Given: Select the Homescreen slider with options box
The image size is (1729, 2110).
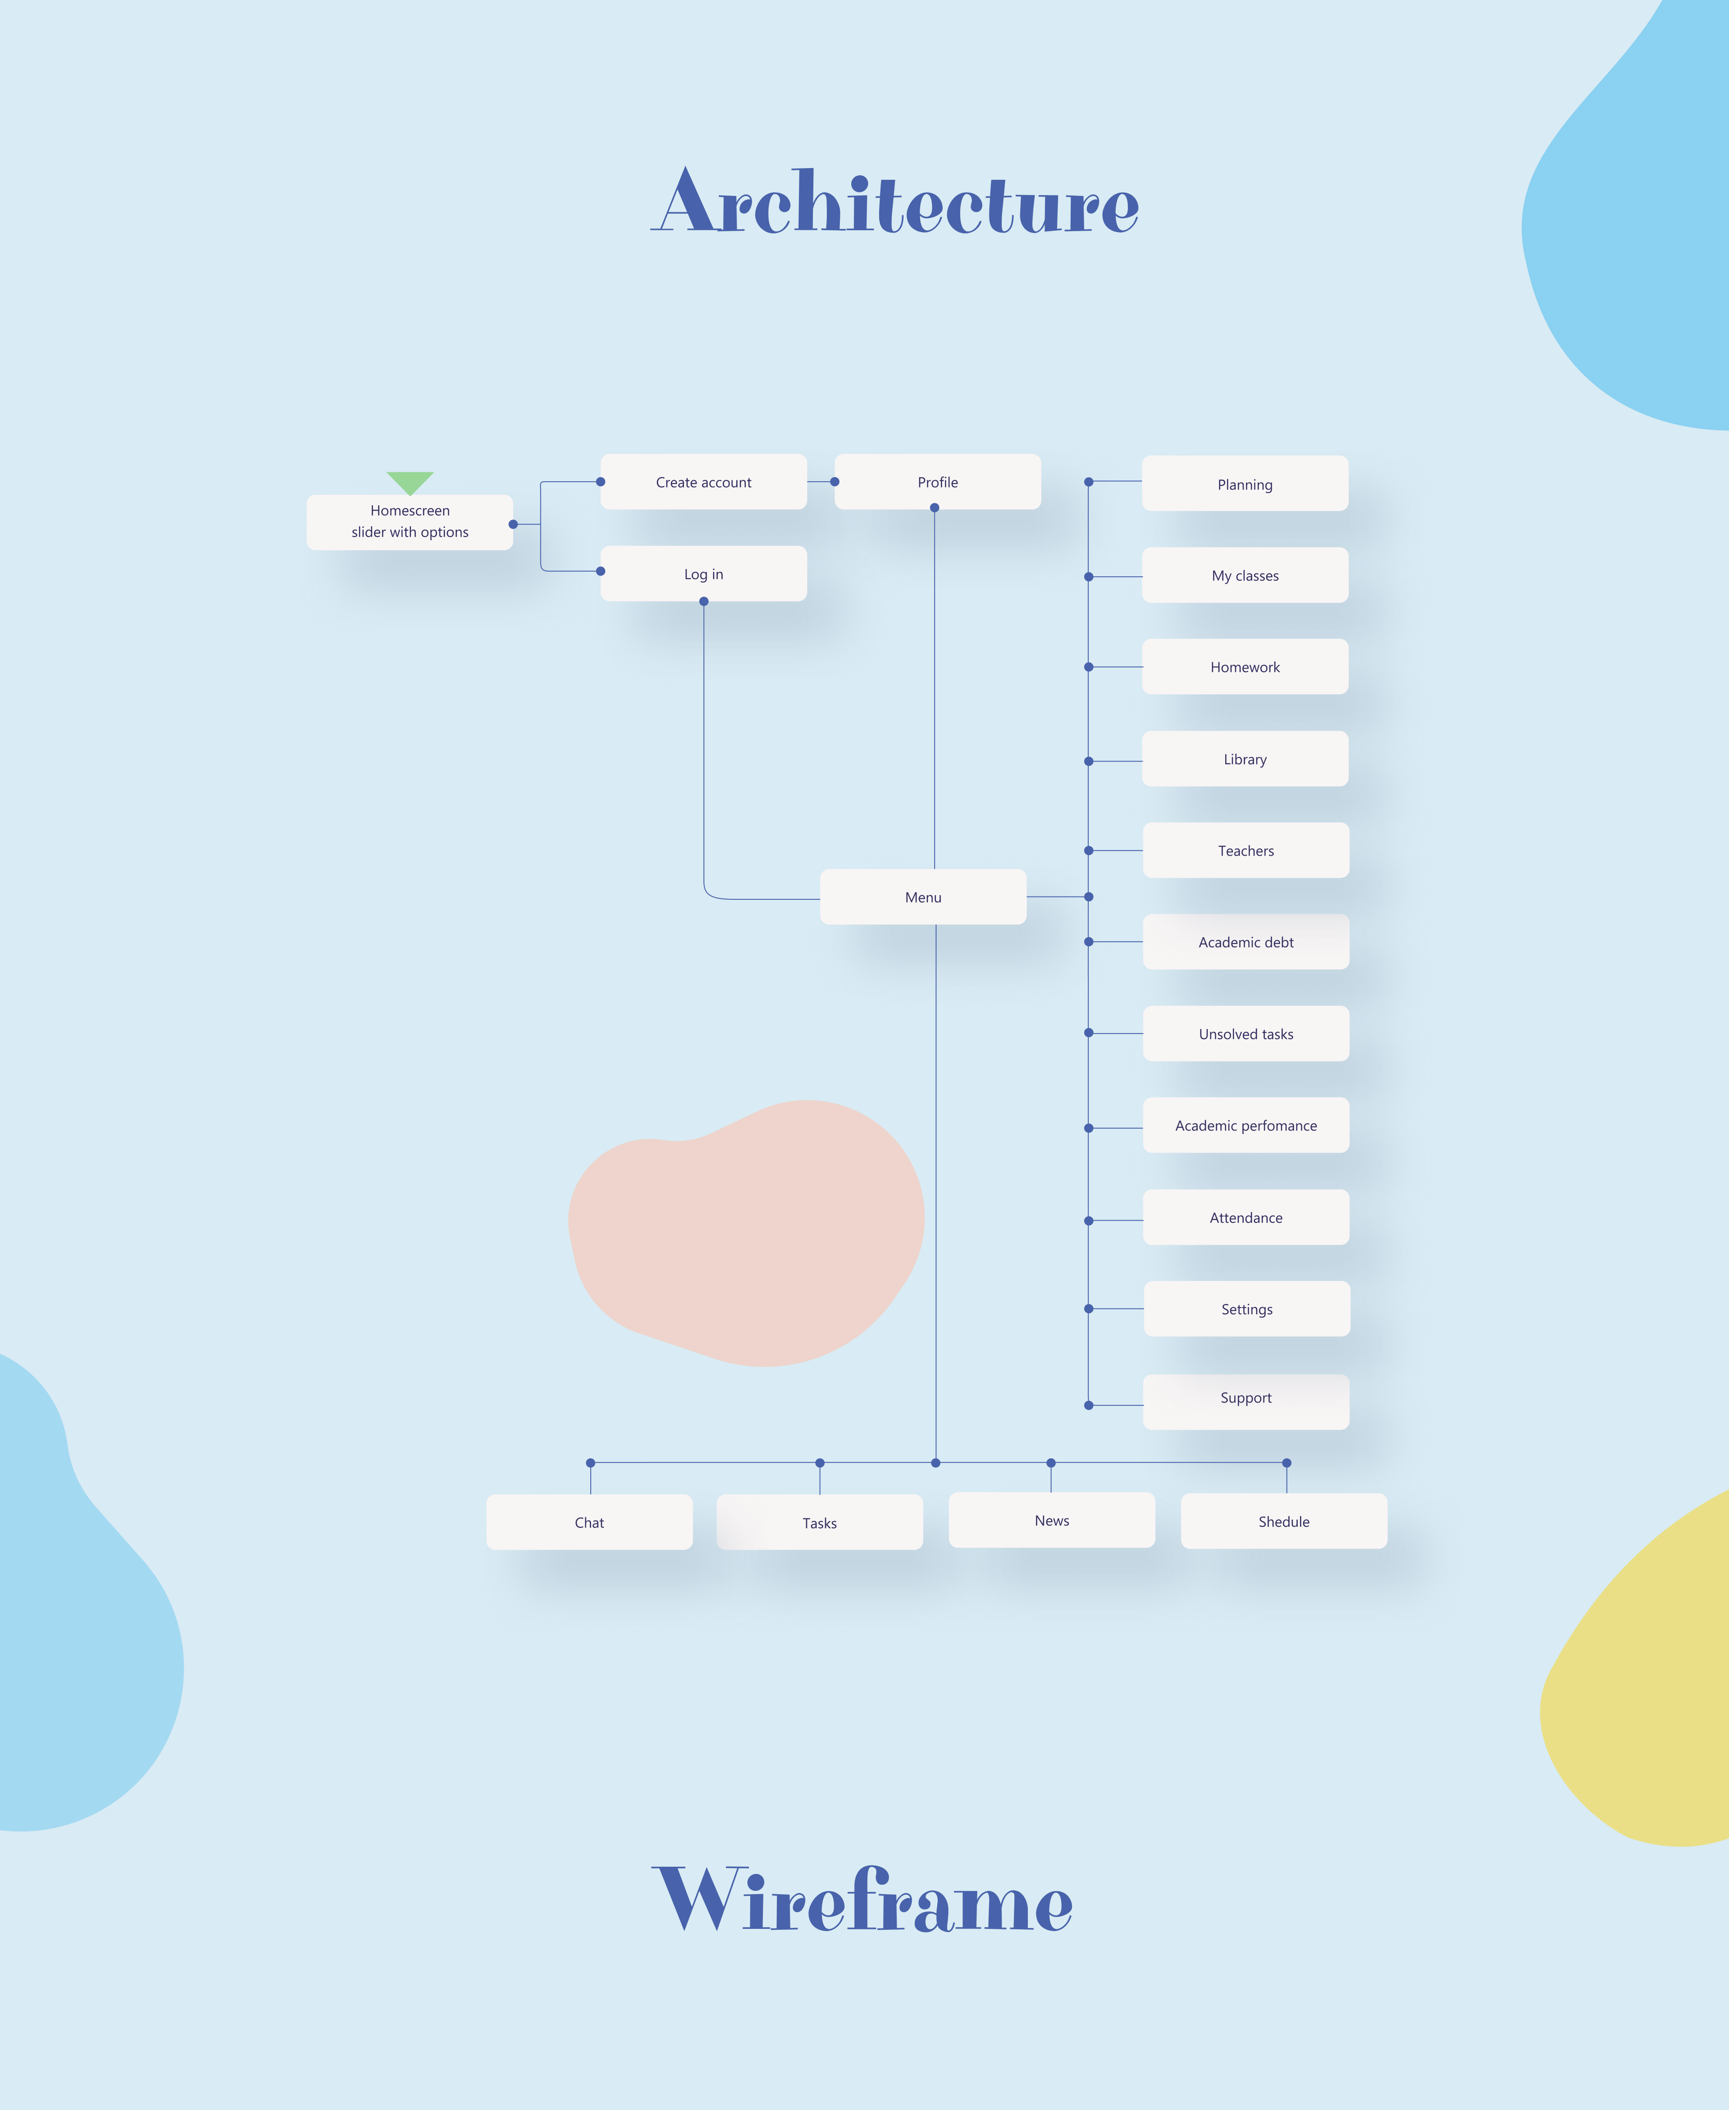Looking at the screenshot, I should click(x=409, y=522).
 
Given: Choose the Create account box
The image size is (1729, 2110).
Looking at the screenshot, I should click(x=703, y=482).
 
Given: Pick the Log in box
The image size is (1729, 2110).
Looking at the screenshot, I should click(x=703, y=574).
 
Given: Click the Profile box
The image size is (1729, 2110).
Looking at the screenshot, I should click(x=937, y=482).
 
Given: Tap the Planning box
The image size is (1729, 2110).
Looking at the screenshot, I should click(x=1245, y=484).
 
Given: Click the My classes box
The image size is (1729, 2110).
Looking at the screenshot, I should click(x=1245, y=575).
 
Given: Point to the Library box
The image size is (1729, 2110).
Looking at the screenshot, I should click(x=1245, y=759).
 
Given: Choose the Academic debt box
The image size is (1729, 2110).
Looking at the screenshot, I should click(x=1246, y=942).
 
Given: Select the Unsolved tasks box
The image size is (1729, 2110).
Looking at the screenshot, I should click(x=1246, y=1034).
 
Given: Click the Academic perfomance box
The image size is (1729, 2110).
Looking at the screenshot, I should click(x=1246, y=1125).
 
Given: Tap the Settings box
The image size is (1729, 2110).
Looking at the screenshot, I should click(x=1247, y=1308).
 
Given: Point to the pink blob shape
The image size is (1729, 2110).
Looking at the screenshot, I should click(x=747, y=1235).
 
